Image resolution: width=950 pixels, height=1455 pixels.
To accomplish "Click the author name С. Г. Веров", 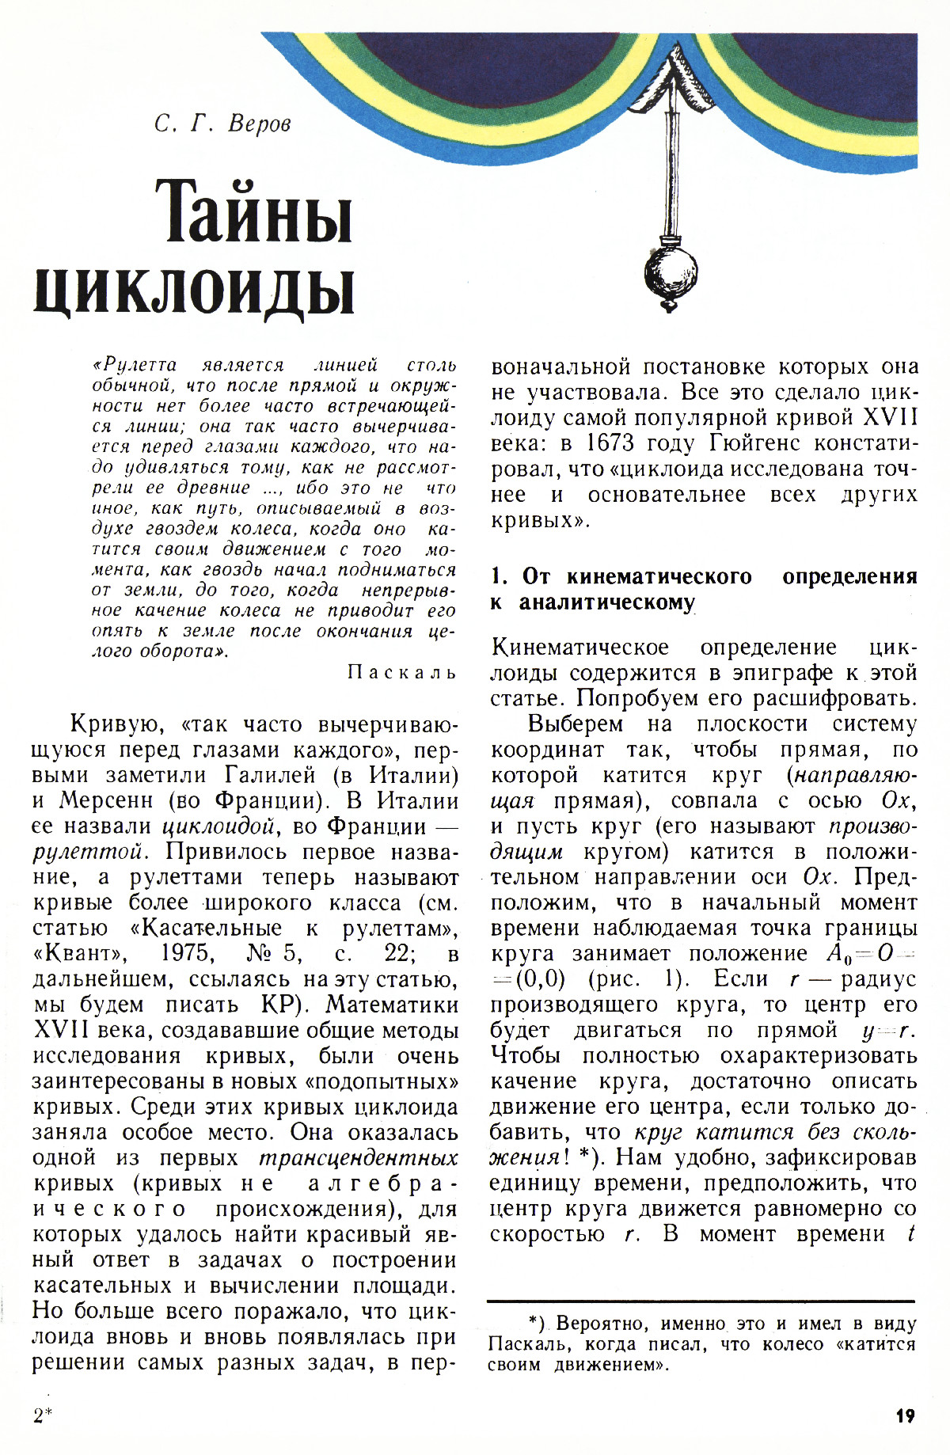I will pos(223,124).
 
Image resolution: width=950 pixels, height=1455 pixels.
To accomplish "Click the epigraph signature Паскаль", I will pos(402,672).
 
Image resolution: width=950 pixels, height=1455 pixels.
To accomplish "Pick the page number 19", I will pos(905,1415).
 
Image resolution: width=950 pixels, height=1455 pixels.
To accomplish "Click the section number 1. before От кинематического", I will pos(498,576).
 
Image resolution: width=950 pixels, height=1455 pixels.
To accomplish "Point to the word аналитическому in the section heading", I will pos(606,602).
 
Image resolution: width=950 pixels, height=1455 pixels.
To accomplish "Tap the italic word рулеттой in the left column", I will pos(88,853).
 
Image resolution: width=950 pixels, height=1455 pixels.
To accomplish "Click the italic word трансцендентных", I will pos(358,1158).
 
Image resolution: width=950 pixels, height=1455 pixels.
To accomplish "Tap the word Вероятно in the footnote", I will pos(596,1324).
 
